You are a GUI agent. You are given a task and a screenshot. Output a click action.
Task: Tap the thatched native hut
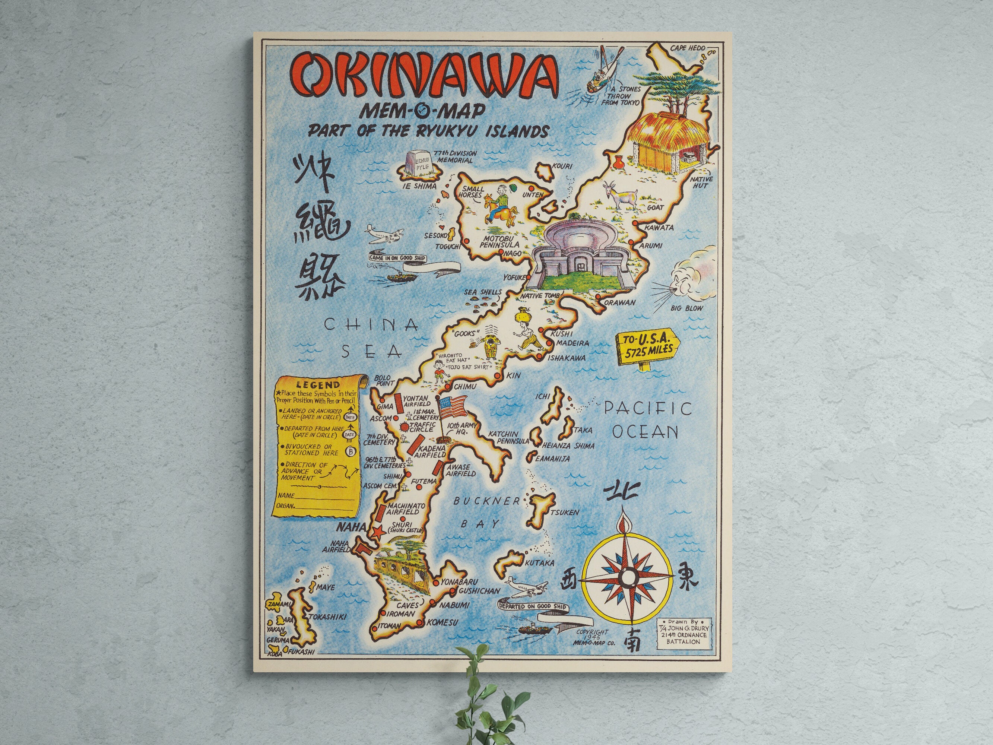(x=668, y=140)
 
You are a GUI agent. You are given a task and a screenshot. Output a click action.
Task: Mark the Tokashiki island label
(x=327, y=616)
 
